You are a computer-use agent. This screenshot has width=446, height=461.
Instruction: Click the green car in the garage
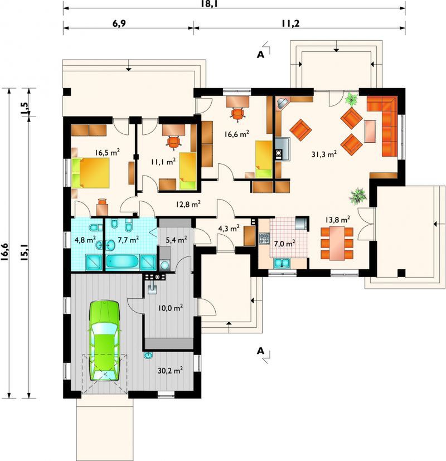pos(104,341)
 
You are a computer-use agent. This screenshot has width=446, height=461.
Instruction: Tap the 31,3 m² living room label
pos(324,154)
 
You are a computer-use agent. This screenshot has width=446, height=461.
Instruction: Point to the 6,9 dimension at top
pos(119,23)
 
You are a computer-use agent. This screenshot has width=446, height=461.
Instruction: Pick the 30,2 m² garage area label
pos(170,371)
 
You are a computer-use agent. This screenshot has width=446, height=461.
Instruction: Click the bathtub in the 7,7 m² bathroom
pos(122,261)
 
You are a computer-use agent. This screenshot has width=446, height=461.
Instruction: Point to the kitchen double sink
pos(282,263)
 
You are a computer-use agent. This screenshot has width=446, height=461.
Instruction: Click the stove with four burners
pos(264,238)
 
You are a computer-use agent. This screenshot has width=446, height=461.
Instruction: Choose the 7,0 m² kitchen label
pos(284,244)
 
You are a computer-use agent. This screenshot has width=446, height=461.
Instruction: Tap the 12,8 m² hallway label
pos(188,204)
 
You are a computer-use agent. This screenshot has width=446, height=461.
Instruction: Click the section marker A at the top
pos(260,55)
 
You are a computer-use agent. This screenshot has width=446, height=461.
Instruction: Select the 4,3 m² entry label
pos(229,228)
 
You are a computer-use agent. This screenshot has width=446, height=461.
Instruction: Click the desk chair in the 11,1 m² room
pos(174,142)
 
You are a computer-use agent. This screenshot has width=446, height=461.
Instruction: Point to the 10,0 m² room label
pos(170,308)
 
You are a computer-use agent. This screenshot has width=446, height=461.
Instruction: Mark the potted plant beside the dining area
pos(358,196)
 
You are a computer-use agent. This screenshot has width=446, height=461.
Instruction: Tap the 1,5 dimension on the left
pos(25,108)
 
